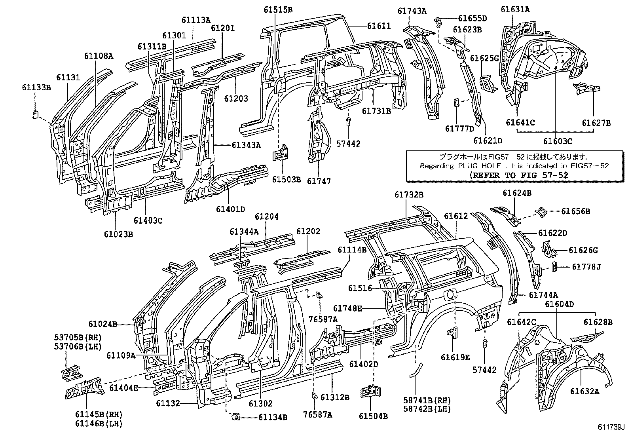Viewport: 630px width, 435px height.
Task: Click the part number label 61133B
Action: (36, 88)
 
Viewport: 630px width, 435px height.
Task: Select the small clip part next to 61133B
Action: (35, 115)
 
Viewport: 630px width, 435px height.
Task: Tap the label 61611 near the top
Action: (379, 26)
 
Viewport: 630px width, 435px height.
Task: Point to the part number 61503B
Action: (286, 180)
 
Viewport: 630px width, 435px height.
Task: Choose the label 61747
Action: (319, 181)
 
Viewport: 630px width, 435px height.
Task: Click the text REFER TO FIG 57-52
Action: (519, 175)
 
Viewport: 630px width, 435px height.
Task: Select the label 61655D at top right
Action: (472, 18)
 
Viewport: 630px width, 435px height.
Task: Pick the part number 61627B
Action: (596, 123)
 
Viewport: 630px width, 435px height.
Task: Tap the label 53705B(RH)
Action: (78, 338)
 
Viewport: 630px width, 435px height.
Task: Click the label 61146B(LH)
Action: (98, 424)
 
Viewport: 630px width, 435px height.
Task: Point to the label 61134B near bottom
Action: (273, 417)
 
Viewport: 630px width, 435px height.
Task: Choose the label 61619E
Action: (455, 357)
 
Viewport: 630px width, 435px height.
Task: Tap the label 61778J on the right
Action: (586, 267)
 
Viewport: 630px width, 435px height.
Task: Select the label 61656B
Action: (575, 211)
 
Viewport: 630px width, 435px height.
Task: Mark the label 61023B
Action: (118, 234)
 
